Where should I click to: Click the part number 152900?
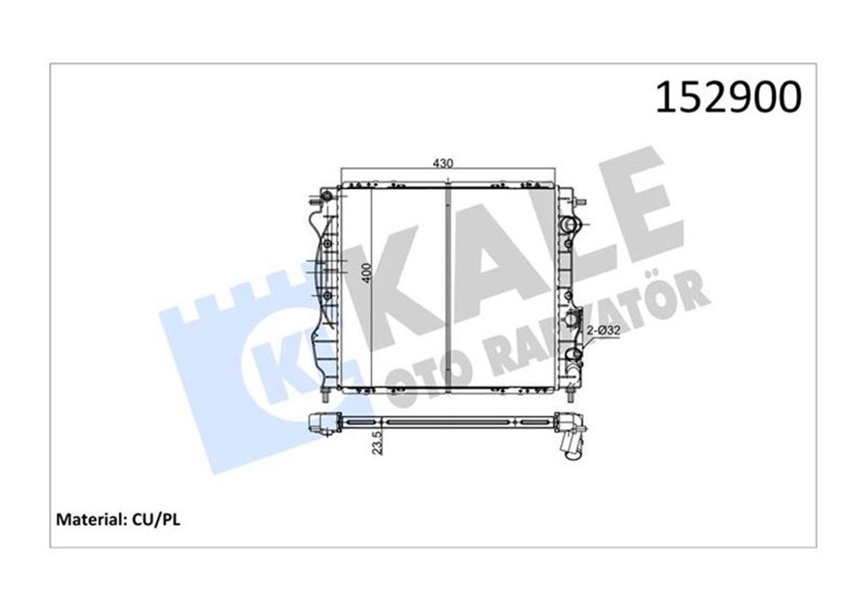point(727,97)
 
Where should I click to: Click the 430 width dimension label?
point(442,164)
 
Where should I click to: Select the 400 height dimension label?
point(367,273)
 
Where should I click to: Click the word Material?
point(82,519)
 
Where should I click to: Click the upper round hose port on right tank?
point(572,224)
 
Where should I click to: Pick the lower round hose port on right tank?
point(573,355)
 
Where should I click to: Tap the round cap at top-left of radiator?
point(327,195)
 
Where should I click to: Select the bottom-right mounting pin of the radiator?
point(571,395)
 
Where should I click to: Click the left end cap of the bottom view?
point(324,422)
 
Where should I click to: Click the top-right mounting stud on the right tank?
point(581,201)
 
